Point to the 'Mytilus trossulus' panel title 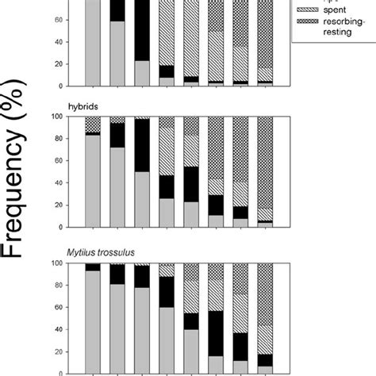coord(110,251)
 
